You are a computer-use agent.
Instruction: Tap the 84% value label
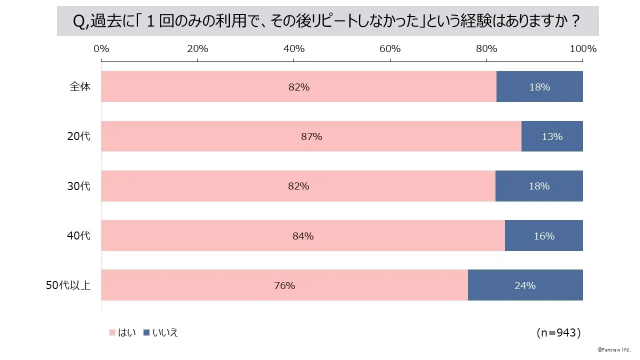(x=303, y=236)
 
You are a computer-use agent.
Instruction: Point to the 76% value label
(x=284, y=285)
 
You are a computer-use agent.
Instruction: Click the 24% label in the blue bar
(x=525, y=285)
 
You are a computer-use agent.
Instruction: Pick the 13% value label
(x=552, y=136)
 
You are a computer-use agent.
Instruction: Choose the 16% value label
(x=544, y=236)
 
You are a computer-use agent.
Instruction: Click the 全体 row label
(x=80, y=86)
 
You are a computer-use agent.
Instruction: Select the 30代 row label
(x=79, y=186)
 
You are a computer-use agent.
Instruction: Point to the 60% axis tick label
(x=390, y=48)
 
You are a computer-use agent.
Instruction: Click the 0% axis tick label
(x=101, y=48)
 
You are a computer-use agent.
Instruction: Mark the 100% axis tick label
(x=583, y=48)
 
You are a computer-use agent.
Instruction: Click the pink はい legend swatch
(x=112, y=332)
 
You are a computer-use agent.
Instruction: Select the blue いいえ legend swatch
(x=146, y=332)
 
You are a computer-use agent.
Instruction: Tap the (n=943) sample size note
(x=558, y=332)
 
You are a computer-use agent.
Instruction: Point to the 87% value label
(x=311, y=136)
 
